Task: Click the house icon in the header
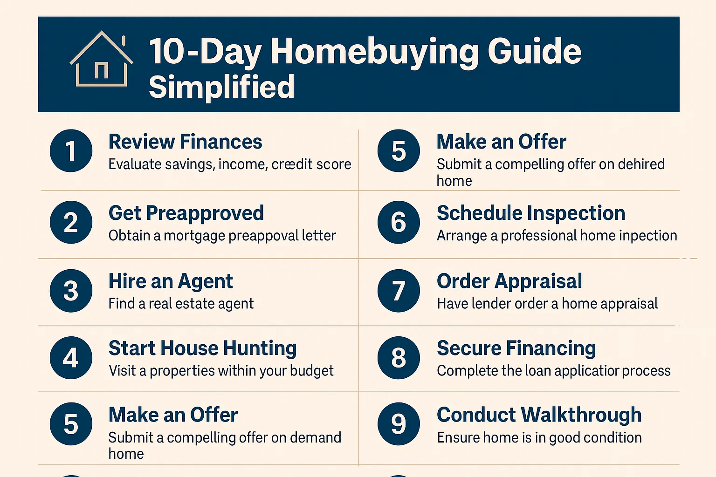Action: click(x=101, y=60)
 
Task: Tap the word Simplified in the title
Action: click(x=221, y=87)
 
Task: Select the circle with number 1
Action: click(x=71, y=151)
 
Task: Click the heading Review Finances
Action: click(x=185, y=142)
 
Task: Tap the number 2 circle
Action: click(x=71, y=222)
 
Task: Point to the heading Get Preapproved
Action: click(x=186, y=213)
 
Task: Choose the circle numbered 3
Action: click(x=71, y=291)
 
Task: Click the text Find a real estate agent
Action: click(x=181, y=304)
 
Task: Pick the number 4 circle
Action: click(x=71, y=358)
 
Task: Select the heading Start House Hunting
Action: click(x=202, y=348)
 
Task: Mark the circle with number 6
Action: click(x=399, y=222)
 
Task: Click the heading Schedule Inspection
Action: click(x=530, y=213)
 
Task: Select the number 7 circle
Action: click(x=399, y=291)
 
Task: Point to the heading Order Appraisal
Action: click(x=509, y=281)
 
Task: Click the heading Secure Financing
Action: click(x=516, y=348)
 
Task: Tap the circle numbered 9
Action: click(x=399, y=424)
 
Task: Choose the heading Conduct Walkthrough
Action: click(x=539, y=415)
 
